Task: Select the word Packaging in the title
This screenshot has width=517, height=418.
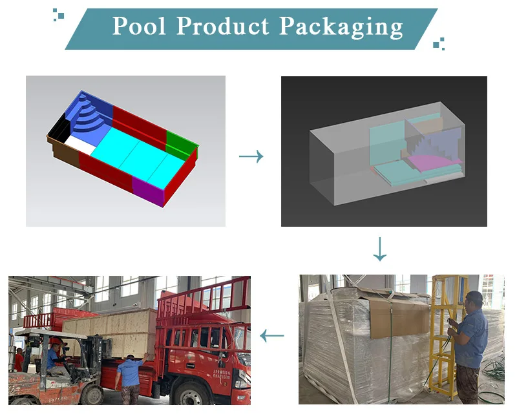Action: (x=341, y=27)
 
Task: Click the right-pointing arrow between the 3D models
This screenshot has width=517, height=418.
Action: (x=251, y=156)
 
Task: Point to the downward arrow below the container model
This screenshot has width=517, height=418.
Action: (x=380, y=249)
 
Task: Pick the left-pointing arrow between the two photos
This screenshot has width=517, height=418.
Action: (x=272, y=335)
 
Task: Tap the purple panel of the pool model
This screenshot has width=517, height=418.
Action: (x=149, y=191)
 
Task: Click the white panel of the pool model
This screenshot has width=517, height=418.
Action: (x=81, y=143)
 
